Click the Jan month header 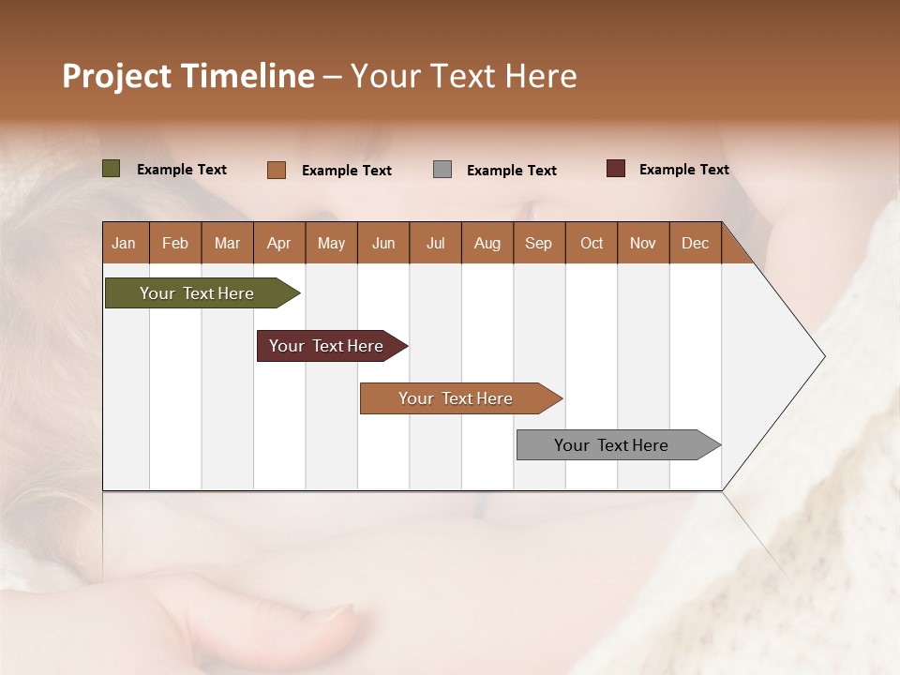(x=125, y=243)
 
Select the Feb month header (x=175, y=243)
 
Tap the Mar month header (x=227, y=243)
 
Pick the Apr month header (x=279, y=243)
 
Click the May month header (x=331, y=243)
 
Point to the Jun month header (x=383, y=243)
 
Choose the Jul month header (x=435, y=243)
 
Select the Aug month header (x=487, y=243)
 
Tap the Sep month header (x=539, y=243)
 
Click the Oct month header (x=592, y=243)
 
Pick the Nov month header (x=643, y=243)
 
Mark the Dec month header (x=696, y=243)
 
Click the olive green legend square (x=112, y=169)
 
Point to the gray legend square (x=442, y=170)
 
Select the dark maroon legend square (x=616, y=169)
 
